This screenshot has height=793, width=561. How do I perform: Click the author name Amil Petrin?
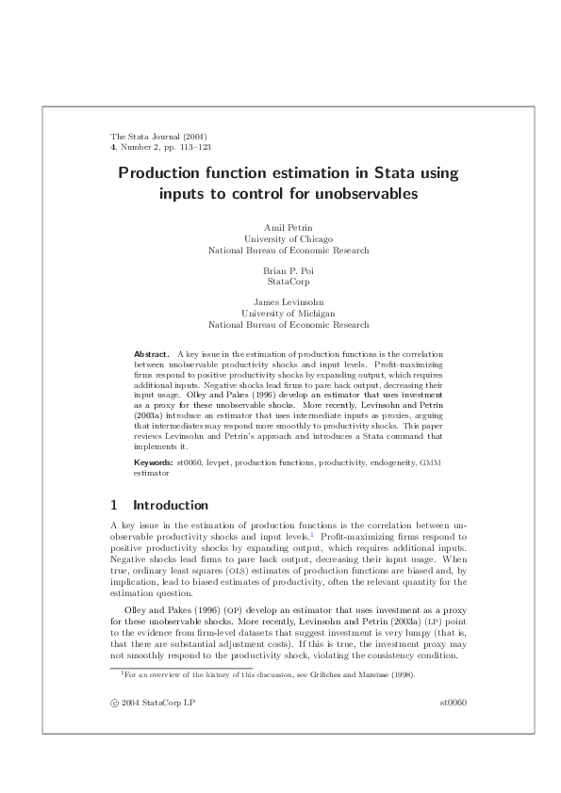pyautogui.click(x=288, y=229)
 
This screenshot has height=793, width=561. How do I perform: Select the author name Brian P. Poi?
pyautogui.click(x=288, y=270)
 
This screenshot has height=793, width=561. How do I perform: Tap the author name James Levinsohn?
pyautogui.click(x=288, y=302)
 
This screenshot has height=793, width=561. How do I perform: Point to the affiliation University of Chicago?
pyautogui.click(x=288, y=239)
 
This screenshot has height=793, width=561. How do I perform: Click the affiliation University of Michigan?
pyautogui.click(x=288, y=313)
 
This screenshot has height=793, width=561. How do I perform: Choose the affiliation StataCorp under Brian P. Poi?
pyautogui.click(x=288, y=281)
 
